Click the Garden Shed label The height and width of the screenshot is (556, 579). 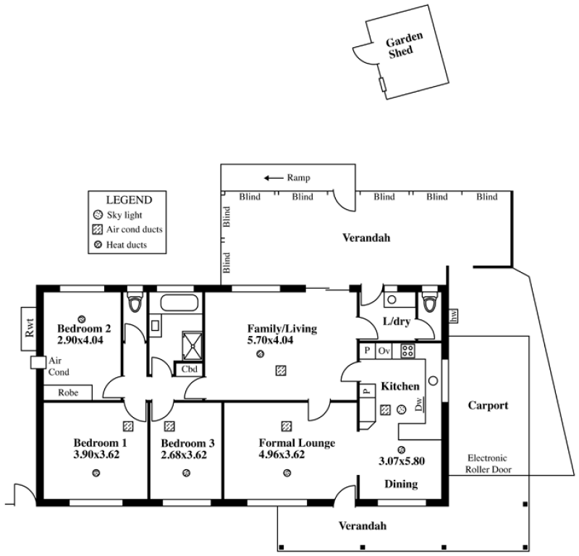pos(403,46)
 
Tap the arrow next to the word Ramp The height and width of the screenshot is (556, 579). pos(274,178)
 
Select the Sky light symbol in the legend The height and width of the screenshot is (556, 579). pos(98,214)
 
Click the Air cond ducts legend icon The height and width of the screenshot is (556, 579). pos(98,229)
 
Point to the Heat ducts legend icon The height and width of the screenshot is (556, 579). pos(98,245)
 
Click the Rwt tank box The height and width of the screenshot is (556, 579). pos(29,329)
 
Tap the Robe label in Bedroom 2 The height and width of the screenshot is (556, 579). pos(68,392)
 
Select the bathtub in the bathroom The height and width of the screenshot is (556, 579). pos(179,303)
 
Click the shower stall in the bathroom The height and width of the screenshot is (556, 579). pos(193,346)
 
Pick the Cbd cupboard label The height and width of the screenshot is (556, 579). pos(190,369)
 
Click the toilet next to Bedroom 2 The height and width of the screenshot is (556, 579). pos(135,302)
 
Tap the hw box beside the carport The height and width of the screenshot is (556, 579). pos(454,316)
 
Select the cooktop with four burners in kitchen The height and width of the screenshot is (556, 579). pos(408,350)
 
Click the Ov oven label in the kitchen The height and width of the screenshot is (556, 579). pos(384,350)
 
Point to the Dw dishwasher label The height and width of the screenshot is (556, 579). pos(420,404)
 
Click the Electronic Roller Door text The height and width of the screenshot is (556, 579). pos(488,463)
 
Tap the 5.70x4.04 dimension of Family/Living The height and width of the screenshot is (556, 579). pos(270,340)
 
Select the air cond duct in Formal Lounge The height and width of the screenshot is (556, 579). pos(286,426)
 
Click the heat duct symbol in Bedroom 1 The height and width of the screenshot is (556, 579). pos(96,473)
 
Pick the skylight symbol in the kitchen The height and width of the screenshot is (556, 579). pos(402,409)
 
